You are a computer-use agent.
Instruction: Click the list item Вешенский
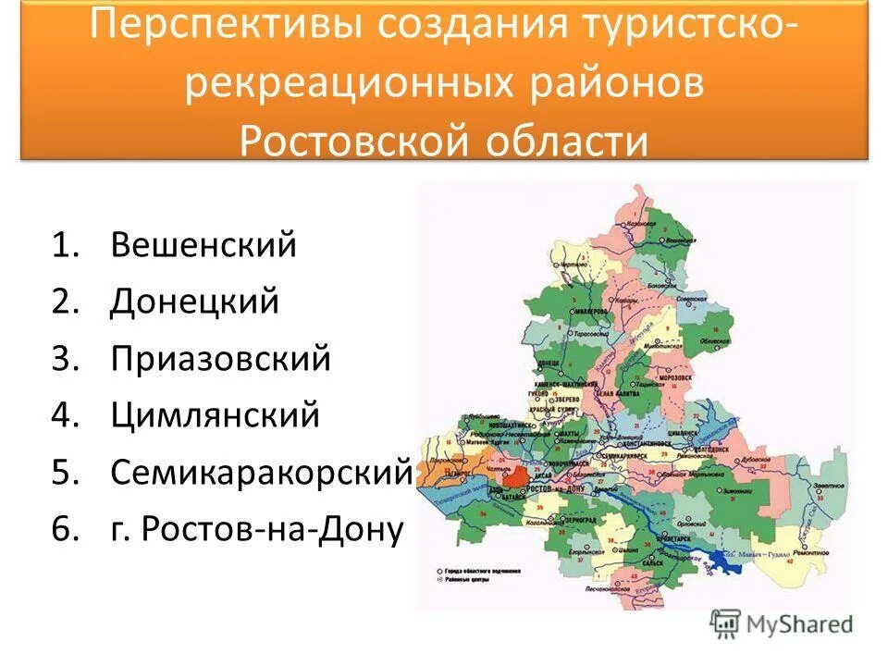pos(203,245)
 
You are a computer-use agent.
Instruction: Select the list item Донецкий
pos(194,302)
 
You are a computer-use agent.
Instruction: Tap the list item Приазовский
pos(220,359)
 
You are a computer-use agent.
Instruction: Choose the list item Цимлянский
pos(215,415)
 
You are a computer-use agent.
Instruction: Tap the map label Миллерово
pos(590,313)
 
